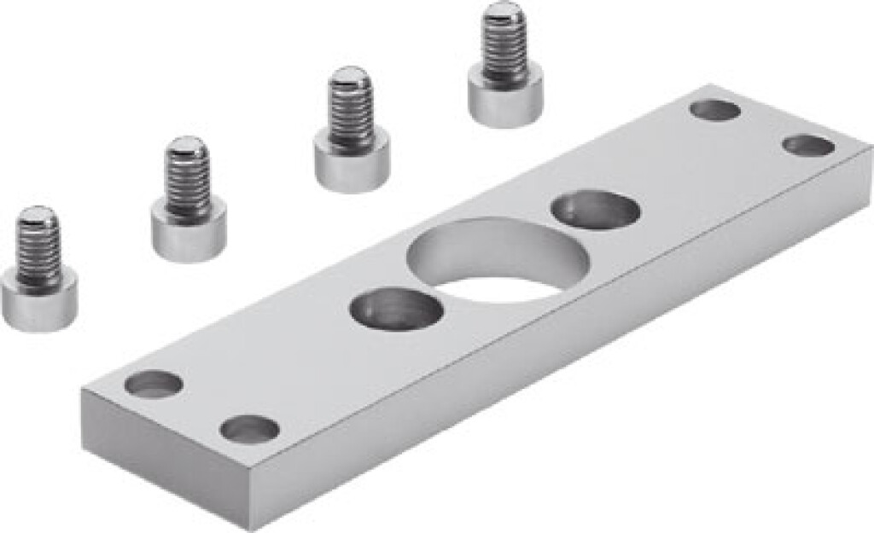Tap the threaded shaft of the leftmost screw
pos(38,247)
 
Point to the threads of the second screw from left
pos(188,180)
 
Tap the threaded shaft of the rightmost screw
pos(504,48)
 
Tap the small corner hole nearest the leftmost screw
pos(154,384)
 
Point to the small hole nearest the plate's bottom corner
pos(249,428)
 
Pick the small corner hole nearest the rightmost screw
pos(715,110)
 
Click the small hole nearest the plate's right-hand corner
pos(808,146)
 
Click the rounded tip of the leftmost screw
pos(38,214)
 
